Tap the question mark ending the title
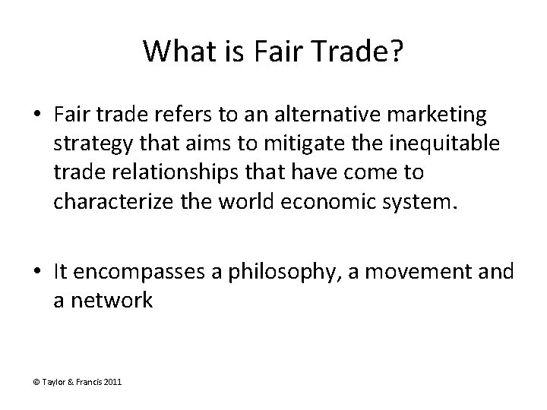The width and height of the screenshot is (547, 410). click(397, 52)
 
